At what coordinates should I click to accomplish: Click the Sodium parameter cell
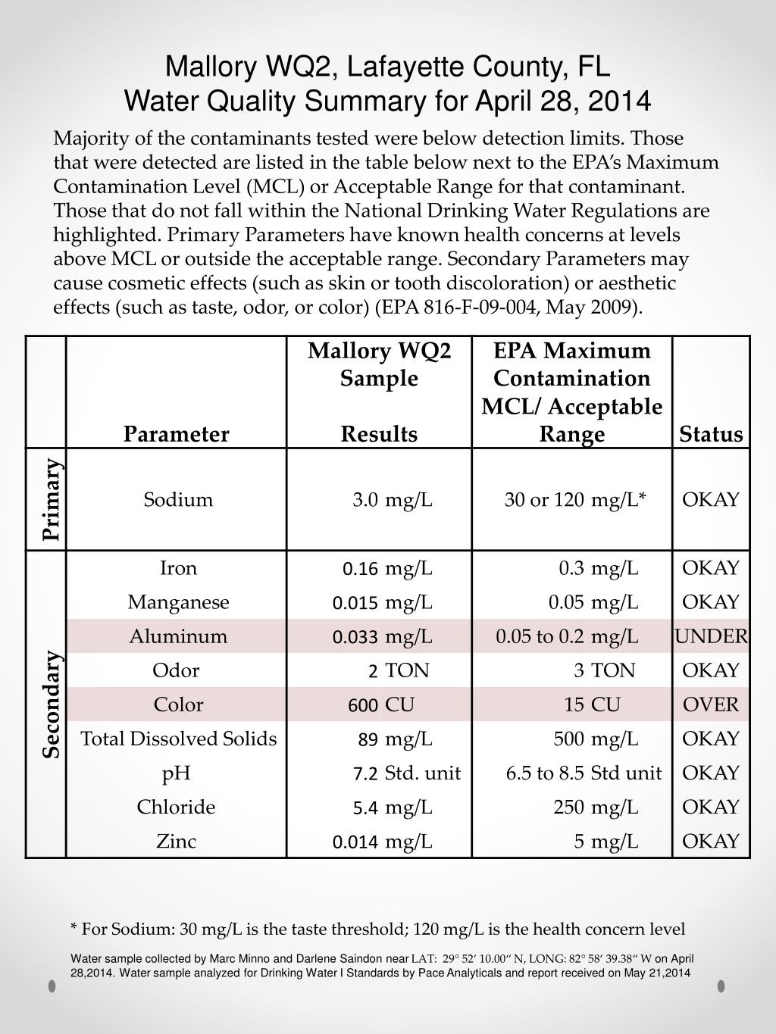point(178,500)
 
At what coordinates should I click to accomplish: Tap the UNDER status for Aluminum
point(711,636)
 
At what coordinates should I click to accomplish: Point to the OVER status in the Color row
point(711,704)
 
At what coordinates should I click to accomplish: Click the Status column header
point(711,434)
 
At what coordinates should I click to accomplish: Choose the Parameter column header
point(177,434)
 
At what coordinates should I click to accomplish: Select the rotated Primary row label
point(51,499)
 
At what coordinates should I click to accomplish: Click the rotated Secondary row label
point(51,704)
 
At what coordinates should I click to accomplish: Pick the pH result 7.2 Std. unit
point(406,773)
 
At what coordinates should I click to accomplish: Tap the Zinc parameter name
point(177,841)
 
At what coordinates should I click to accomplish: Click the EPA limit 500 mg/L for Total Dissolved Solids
point(596,739)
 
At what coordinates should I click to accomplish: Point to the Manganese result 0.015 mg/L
point(382,602)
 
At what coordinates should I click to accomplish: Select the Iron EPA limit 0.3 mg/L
point(599,568)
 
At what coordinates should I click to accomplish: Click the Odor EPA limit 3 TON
point(604,670)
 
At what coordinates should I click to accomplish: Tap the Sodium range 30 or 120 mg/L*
point(575,500)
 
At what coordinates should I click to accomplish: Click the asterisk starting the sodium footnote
point(74,928)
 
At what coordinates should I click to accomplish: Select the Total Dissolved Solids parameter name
point(179,739)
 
